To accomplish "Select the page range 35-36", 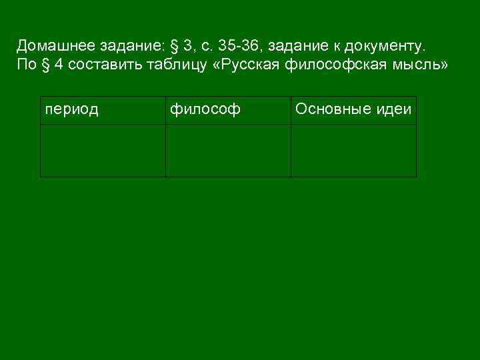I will point(237,45).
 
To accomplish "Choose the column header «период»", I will point(71,109).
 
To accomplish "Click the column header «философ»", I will point(205,109).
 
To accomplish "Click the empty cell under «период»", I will point(103,151).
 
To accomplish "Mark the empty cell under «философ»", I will point(228,151).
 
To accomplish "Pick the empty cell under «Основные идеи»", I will point(353,151).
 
